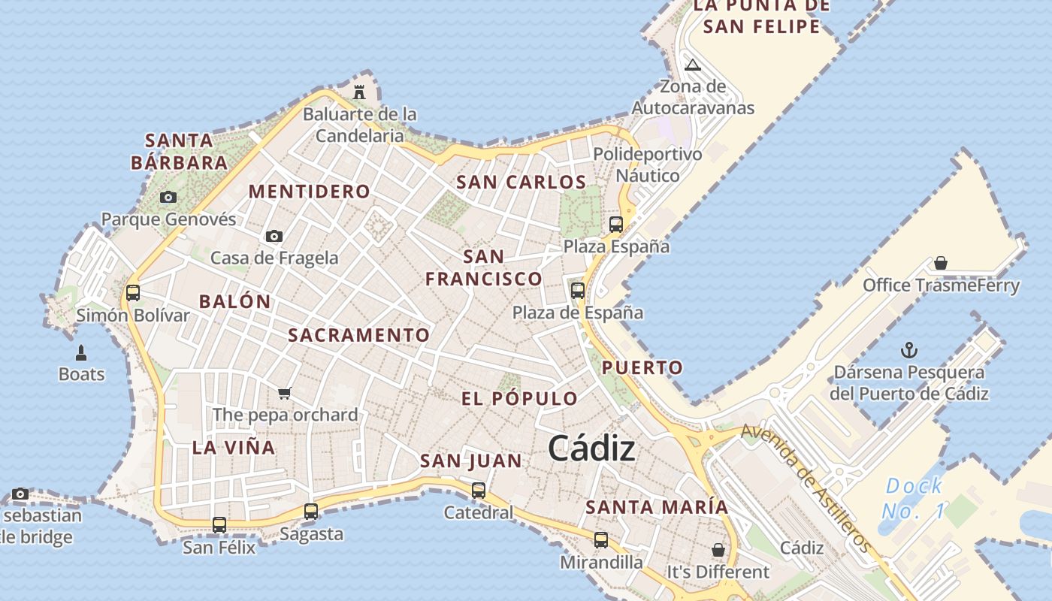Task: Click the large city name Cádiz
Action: pyautogui.click(x=591, y=448)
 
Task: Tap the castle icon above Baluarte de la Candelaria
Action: pyautogui.click(x=359, y=92)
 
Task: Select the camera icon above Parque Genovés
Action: pyautogui.click(x=168, y=197)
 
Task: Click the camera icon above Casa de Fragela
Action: pyautogui.click(x=274, y=236)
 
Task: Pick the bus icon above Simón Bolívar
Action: pyautogui.click(x=133, y=292)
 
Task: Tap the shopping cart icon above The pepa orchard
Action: pyautogui.click(x=284, y=393)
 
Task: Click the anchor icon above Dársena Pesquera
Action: pyautogui.click(x=909, y=350)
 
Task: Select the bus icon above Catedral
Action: pyautogui.click(x=479, y=491)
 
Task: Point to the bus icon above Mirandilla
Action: pyautogui.click(x=601, y=539)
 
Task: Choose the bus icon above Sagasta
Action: pyautogui.click(x=311, y=512)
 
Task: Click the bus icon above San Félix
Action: pyautogui.click(x=219, y=524)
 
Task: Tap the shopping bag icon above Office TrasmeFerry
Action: pyautogui.click(x=941, y=263)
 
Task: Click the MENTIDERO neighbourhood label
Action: pyautogui.click(x=310, y=192)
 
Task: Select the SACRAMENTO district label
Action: pyautogui.click(x=359, y=335)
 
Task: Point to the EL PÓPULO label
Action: pyautogui.click(x=519, y=398)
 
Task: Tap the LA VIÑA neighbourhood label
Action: pyautogui.click(x=234, y=448)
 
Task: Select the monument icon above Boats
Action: pyautogui.click(x=81, y=352)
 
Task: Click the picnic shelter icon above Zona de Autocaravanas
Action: pyautogui.click(x=693, y=65)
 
